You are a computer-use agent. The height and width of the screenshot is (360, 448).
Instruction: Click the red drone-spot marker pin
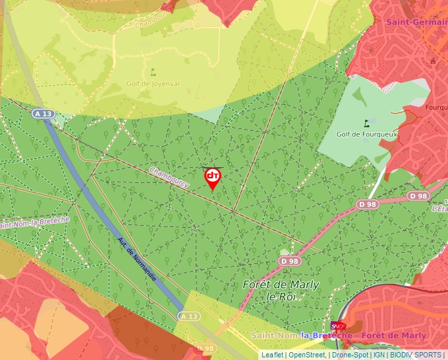(213, 178)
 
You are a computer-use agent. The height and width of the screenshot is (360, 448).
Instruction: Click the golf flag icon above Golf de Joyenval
(154, 72)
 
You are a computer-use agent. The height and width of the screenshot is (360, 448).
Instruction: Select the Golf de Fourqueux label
(364, 134)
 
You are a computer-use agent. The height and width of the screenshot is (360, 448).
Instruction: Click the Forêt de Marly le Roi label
(281, 290)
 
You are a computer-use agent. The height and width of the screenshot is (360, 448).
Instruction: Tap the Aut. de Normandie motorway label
(137, 258)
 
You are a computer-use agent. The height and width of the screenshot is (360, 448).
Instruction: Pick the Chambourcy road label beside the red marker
(169, 177)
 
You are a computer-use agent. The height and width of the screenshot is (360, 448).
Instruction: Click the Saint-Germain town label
(416, 22)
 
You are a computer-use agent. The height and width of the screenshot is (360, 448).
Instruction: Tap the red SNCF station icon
(339, 325)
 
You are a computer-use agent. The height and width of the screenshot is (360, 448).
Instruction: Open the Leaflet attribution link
(272, 355)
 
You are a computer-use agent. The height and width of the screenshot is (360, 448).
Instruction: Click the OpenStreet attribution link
(306, 355)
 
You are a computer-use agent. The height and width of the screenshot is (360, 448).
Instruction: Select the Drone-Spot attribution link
(349, 355)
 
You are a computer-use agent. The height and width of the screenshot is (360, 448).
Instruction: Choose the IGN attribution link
(379, 355)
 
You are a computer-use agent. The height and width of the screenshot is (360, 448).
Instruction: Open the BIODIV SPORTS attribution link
(416, 355)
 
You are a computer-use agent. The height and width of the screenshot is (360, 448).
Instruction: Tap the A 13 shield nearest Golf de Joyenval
(43, 114)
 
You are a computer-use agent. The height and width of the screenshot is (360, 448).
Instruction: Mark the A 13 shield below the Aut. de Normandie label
(188, 317)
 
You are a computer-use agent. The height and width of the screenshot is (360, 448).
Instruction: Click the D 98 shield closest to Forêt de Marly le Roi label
(289, 261)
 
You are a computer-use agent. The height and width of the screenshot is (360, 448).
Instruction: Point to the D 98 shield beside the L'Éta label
(418, 196)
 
